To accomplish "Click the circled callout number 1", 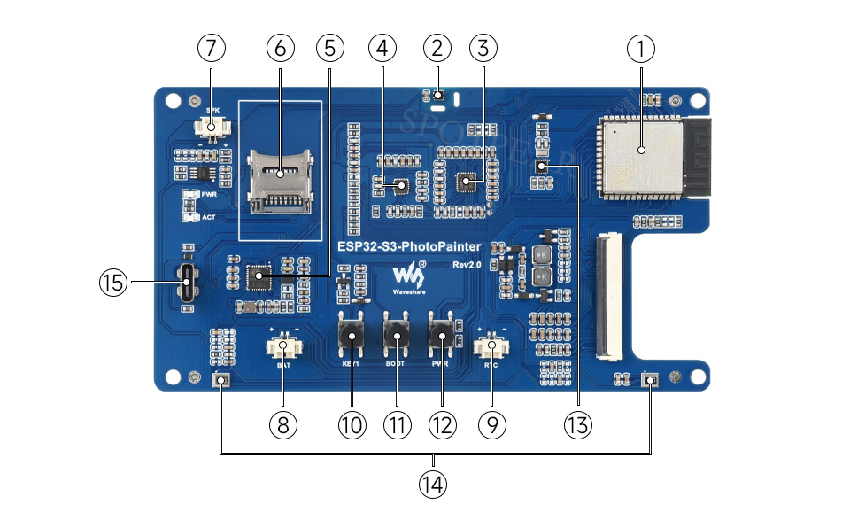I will click(x=641, y=49).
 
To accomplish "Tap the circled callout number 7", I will click(x=211, y=49).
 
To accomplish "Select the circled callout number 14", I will click(x=434, y=484).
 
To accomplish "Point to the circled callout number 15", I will click(x=113, y=283).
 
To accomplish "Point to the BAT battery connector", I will click(x=283, y=346).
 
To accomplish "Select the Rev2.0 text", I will click(x=466, y=265).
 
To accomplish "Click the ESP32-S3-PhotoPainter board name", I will click(x=409, y=246).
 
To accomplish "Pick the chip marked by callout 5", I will click(x=258, y=277).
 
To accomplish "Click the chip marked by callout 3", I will click(x=466, y=182).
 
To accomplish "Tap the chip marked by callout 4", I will click(x=399, y=186).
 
